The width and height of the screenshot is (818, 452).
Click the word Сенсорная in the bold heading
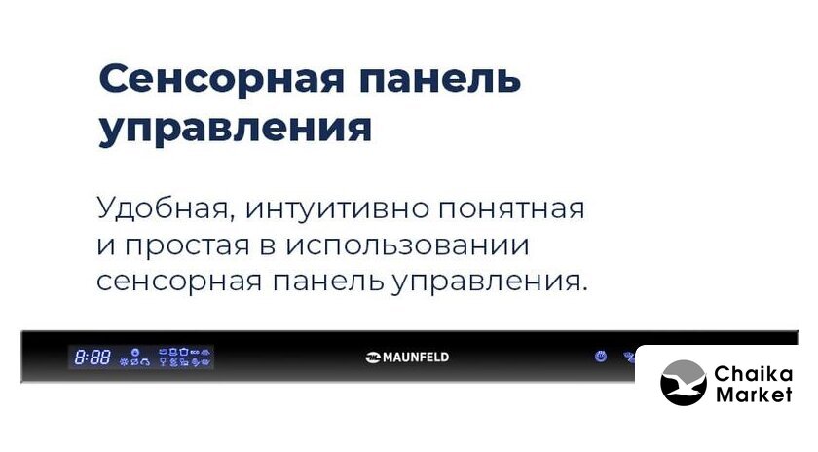click(221, 79)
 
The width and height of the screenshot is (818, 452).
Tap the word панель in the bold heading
click(440, 79)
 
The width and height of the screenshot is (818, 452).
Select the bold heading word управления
click(236, 129)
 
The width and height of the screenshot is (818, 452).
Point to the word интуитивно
click(338, 208)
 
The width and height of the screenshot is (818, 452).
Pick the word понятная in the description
click(511, 209)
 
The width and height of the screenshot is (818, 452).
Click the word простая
click(189, 246)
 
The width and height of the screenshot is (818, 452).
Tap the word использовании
click(408, 245)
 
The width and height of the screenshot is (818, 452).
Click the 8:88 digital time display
click(93, 358)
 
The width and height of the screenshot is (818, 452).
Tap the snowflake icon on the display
click(124, 361)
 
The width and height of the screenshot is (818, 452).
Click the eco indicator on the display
click(195, 352)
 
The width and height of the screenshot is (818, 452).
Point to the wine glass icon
click(163, 361)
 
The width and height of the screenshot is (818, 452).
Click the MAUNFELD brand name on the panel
click(416, 358)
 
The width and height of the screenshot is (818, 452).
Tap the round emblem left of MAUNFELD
click(374, 358)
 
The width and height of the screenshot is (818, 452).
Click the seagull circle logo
click(684, 383)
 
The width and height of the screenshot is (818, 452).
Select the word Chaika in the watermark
click(753, 374)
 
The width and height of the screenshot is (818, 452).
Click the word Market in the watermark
click(754, 395)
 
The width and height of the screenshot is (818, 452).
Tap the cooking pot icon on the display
click(184, 352)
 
